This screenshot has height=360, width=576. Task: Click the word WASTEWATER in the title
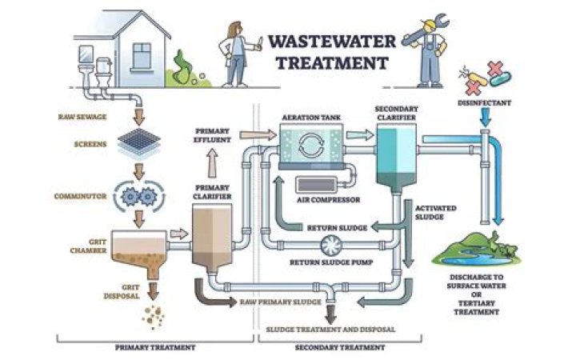click(x=328, y=42)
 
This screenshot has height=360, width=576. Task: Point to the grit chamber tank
click(x=134, y=248)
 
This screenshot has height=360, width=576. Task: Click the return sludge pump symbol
click(x=329, y=245)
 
